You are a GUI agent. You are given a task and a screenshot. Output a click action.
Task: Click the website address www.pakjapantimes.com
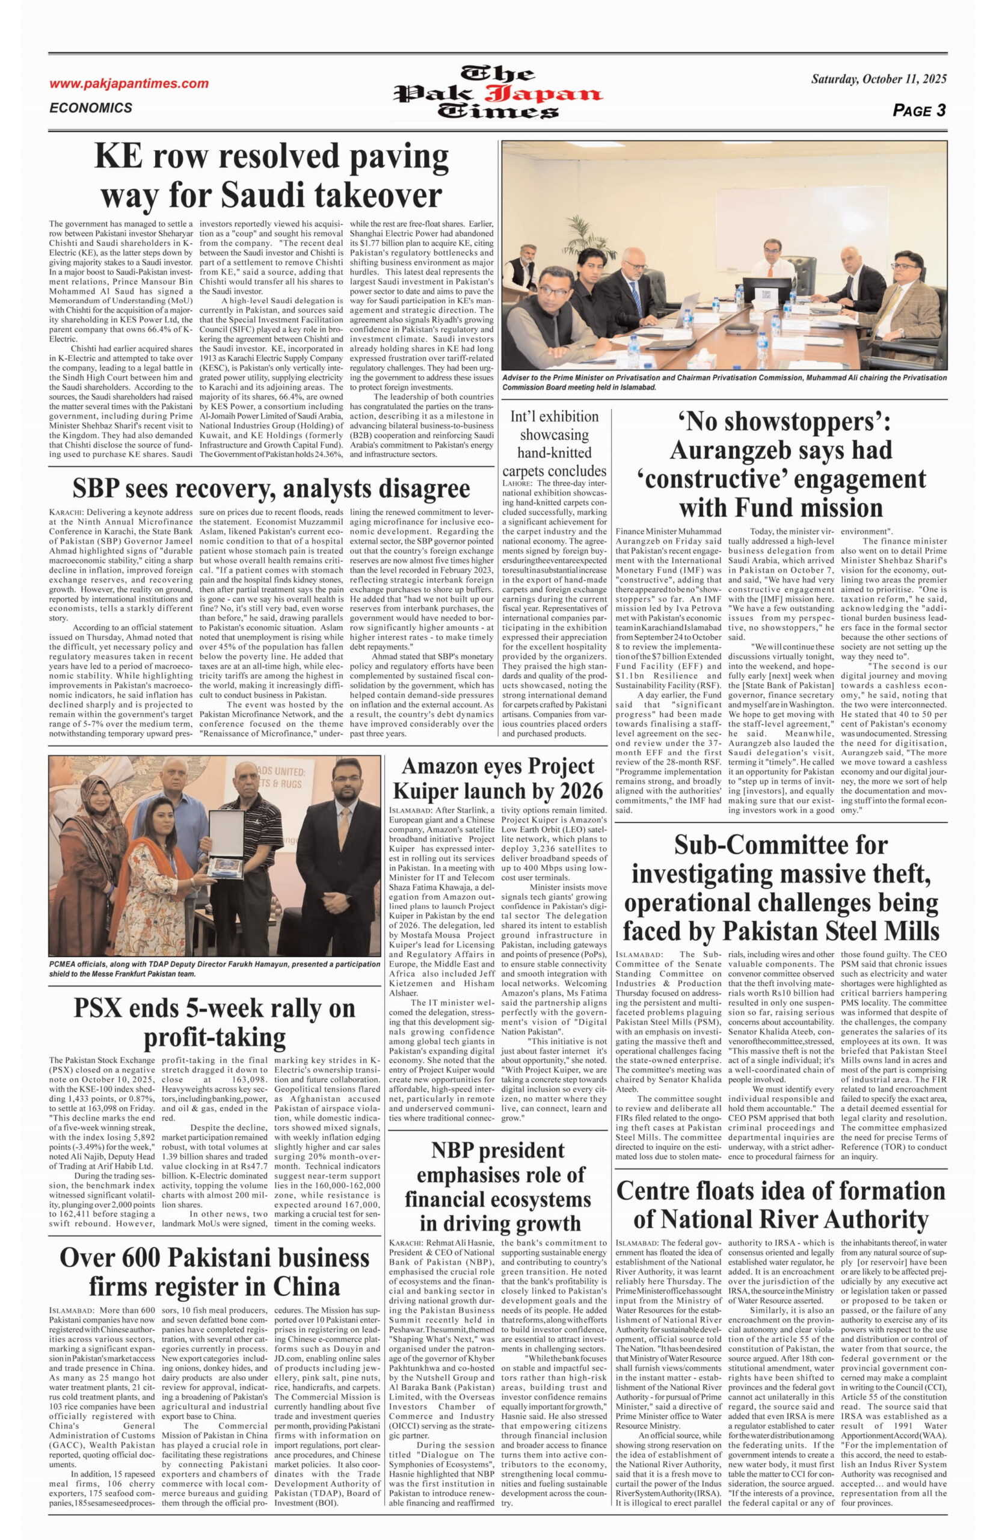(129, 84)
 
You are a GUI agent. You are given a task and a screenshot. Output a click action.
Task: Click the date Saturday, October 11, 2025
(878, 79)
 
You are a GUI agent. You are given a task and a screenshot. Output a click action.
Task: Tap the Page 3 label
(919, 111)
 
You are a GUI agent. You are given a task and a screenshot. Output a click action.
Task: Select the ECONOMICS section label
(91, 108)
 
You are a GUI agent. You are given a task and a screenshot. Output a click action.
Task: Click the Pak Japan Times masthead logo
(499, 93)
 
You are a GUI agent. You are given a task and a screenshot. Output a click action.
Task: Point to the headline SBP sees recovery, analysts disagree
(271, 488)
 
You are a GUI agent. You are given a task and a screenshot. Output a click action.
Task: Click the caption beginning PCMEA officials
(214, 969)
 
